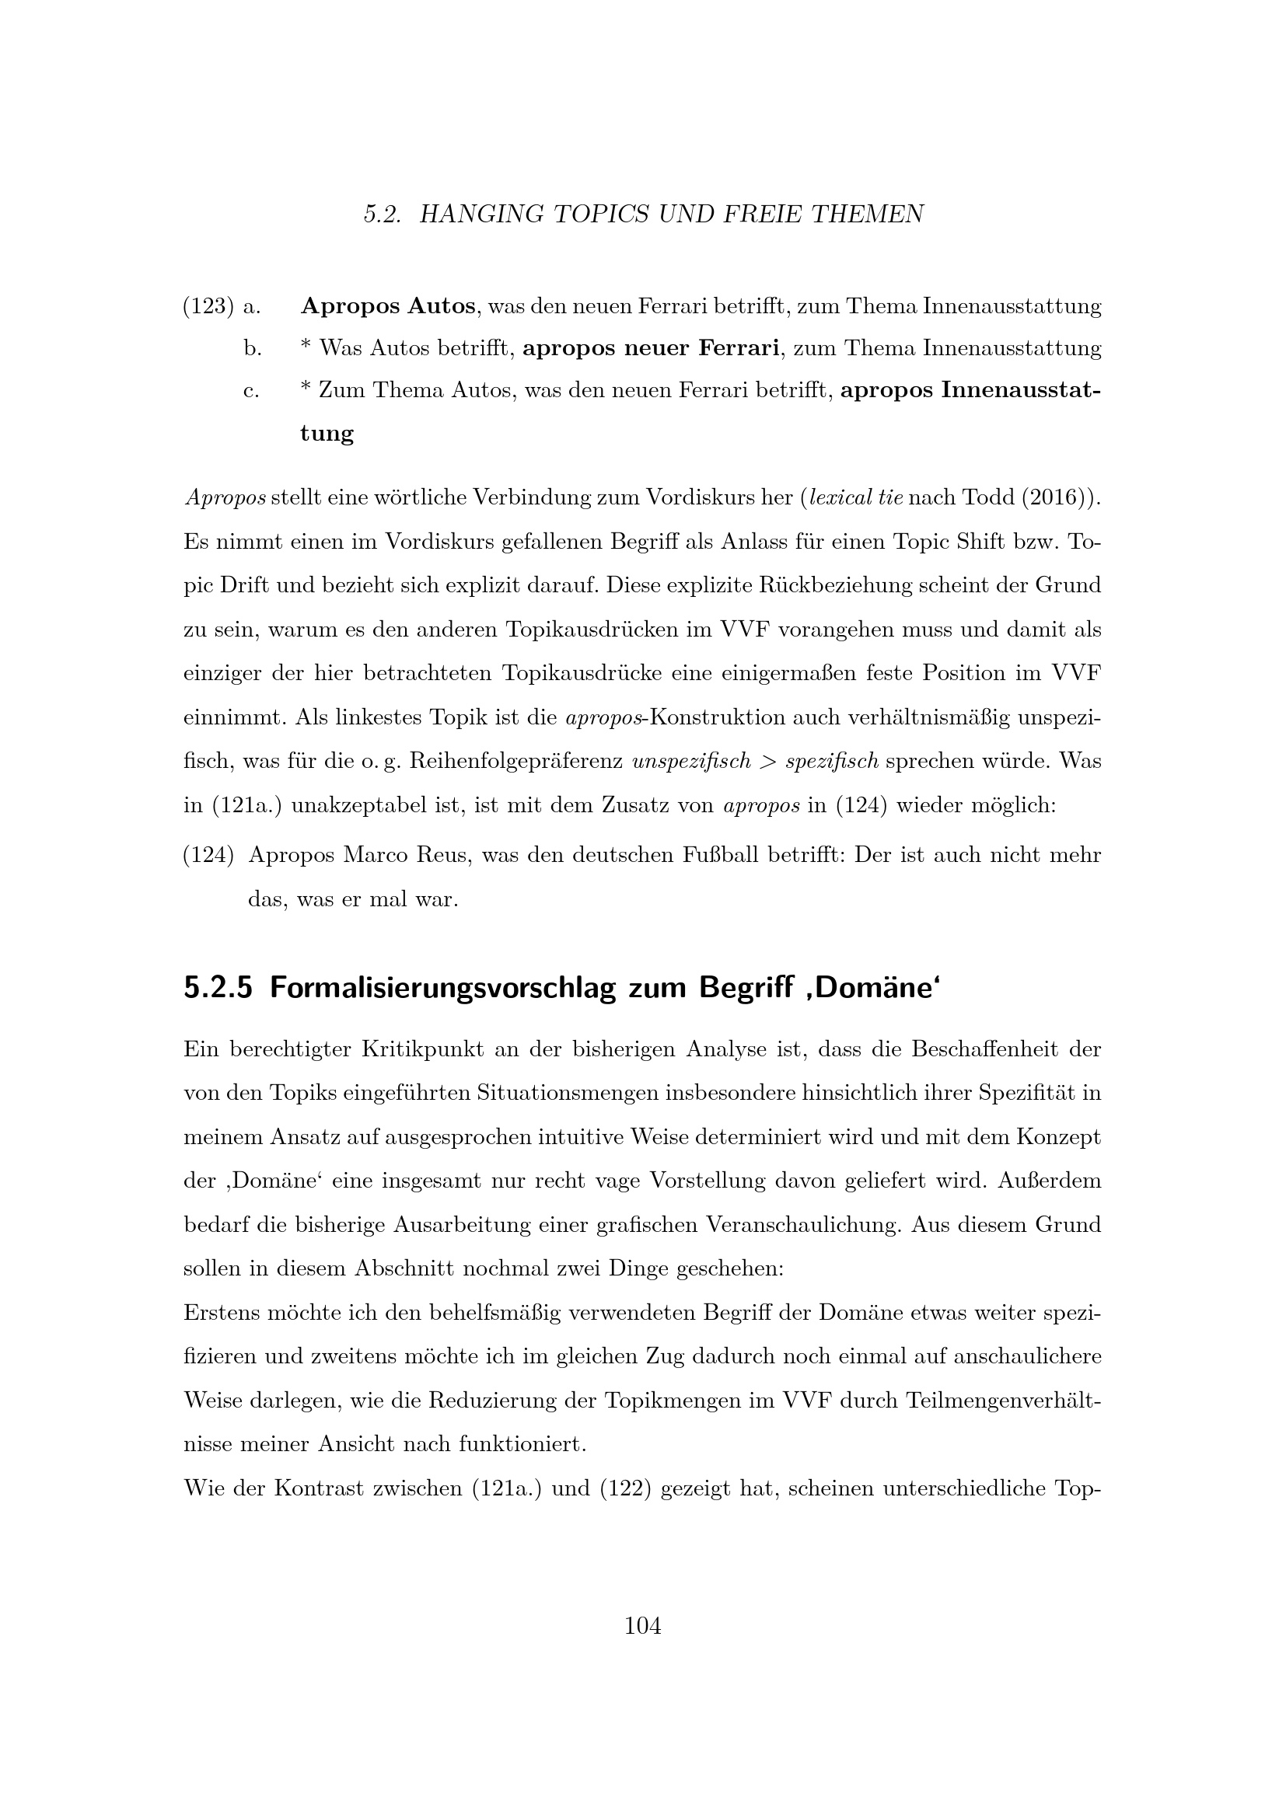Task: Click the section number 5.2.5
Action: click(218, 989)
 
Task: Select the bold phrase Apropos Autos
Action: click(388, 306)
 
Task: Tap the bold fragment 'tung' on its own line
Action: click(327, 434)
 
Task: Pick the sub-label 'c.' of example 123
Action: click(252, 391)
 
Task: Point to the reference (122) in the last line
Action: click(625, 1489)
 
